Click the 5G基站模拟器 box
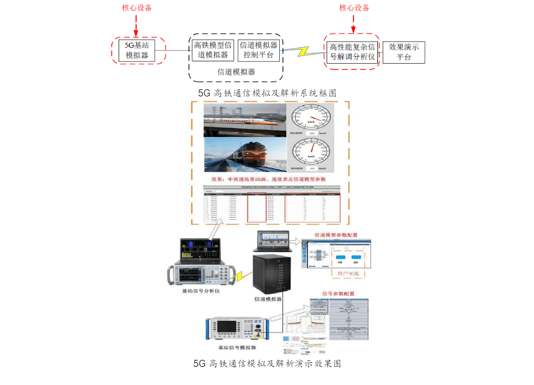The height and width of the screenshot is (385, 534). (x=138, y=50)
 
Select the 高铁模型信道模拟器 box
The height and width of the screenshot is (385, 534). (x=211, y=50)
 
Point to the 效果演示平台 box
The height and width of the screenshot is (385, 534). (x=403, y=52)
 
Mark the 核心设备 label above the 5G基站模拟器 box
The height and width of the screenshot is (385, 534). (x=136, y=8)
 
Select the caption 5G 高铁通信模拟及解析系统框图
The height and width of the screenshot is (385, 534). (x=267, y=93)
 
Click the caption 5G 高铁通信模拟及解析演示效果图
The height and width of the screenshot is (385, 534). (x=267, y=363)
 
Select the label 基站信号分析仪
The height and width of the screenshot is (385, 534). (x=201, y=290)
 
